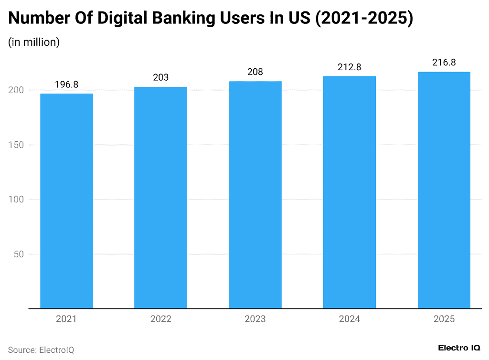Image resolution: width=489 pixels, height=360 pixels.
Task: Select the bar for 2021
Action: coord(66,201)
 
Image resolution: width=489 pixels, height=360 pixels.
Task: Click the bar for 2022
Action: coord(160,198)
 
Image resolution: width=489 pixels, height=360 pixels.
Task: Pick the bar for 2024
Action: coord(350,192)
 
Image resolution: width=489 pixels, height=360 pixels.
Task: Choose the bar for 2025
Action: coord(444,190)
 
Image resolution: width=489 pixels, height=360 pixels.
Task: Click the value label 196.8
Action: coord(66,85)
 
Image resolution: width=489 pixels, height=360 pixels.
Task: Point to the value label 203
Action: coord(160,77)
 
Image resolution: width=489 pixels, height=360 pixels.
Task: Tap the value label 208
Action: coord(255,72)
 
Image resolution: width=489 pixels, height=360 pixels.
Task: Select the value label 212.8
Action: coord(350,67)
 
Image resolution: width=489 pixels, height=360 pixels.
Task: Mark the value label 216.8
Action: coord(444,63)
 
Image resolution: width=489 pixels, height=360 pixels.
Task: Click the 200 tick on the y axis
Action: coord(17,90)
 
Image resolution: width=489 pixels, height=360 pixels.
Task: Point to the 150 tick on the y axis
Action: coord(17,145)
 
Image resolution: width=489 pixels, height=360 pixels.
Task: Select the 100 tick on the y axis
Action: coord(17,200)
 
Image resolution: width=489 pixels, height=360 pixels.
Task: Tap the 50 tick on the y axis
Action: coord(19,254)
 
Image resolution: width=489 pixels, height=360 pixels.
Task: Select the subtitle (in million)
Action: coord(34,42)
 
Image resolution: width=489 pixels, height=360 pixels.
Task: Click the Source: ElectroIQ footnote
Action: coord(41,350)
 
